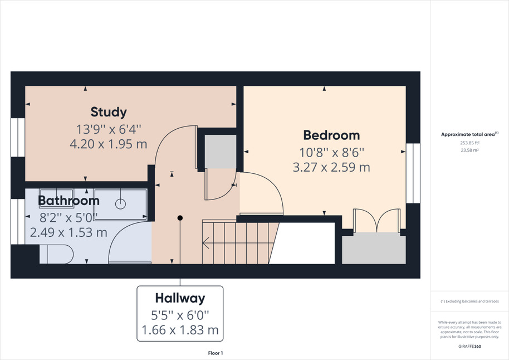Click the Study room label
point(109,112)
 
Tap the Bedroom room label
point(331,135)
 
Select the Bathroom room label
point(69,201)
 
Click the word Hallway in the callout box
point(180,298)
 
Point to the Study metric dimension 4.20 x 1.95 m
point(109,144)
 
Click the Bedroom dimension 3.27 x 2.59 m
point(331,167)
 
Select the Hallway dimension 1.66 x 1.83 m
point(180,330)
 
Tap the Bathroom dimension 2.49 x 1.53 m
point(68,232)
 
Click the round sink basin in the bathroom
point(120,204)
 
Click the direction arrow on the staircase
point(205,243)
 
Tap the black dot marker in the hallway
point(180,218)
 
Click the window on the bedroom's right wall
point(413,173)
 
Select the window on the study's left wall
point(18,137)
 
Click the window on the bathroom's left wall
point(18,221)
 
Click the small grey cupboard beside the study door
point(221,152)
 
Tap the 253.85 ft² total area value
point(469,143)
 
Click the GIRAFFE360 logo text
point(469,347)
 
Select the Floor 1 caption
point(216,353)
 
